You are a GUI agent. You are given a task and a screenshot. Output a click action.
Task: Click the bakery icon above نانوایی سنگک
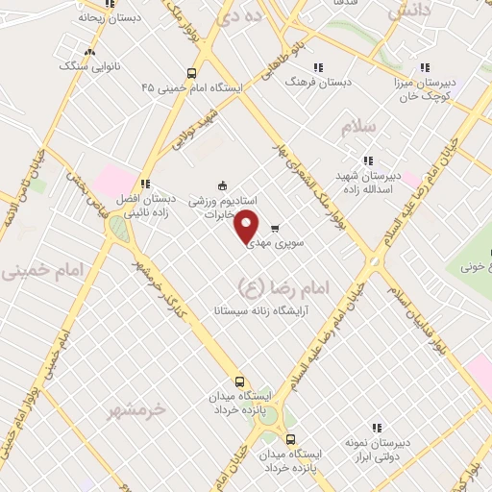coord(90,53)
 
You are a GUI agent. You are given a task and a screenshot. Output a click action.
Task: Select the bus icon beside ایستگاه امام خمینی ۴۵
coord(193,72)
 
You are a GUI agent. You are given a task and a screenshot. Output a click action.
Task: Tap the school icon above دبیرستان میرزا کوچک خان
coord(425,68)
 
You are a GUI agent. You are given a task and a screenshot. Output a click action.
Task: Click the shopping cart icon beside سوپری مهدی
coord(276,228)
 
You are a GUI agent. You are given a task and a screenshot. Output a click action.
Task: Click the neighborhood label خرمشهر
coord(138,409)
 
